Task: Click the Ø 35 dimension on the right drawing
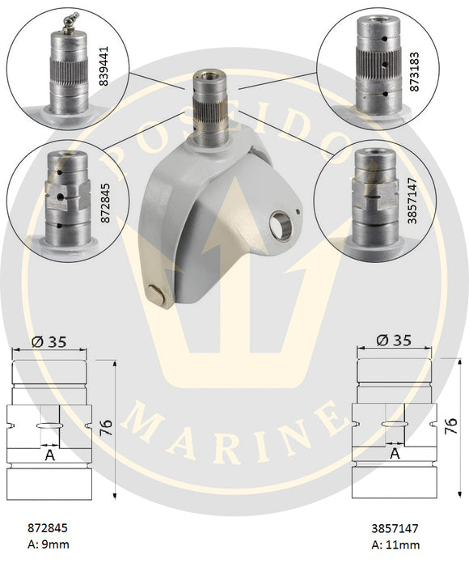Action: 392,341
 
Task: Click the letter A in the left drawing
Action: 49,455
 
